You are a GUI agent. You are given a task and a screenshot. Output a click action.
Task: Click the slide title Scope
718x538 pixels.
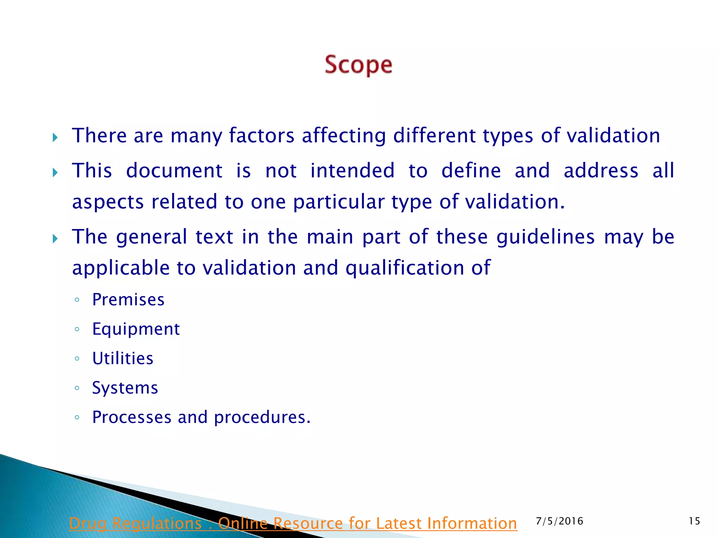[358, 65]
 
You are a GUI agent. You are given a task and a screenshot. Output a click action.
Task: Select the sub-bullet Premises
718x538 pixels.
[128, 300]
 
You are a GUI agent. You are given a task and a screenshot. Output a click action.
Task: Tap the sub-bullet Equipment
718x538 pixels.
[136, 329]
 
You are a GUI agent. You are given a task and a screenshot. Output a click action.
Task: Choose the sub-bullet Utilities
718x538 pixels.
[123, 359]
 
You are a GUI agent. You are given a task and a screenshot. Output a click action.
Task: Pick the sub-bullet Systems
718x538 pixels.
[125, 388]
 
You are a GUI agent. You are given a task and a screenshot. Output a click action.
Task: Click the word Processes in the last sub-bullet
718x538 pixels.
[132, 418]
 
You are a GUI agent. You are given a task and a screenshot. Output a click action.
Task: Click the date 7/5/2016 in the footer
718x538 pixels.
[560, 521]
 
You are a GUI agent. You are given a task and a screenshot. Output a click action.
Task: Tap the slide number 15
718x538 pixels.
[694, 521]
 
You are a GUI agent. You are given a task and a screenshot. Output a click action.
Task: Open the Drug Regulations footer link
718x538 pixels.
[293, 523]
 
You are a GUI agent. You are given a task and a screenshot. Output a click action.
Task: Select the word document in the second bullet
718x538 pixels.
[174, 171]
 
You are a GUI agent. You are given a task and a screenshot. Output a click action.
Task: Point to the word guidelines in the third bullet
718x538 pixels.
[546, 237]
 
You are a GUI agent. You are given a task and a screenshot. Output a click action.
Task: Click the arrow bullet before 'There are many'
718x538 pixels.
[55, 137]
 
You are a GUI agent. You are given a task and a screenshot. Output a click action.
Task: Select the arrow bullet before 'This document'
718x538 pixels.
[55, 172]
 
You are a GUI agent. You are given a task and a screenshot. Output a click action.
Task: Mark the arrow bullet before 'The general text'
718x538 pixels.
[55, 239]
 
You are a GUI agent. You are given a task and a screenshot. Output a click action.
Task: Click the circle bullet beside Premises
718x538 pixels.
[77, 300]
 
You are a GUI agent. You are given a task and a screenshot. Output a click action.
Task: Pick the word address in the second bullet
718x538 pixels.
[601, 171]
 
